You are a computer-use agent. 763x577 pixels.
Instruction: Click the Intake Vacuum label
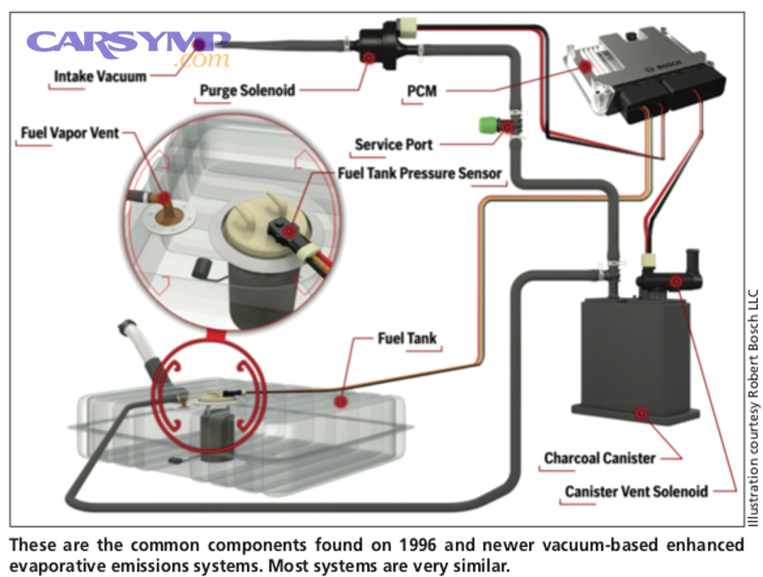click(x=100, y=76)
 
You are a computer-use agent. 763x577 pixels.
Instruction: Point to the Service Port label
click(x=393, y=144)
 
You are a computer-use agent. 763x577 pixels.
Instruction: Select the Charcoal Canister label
click(x=599, y=458)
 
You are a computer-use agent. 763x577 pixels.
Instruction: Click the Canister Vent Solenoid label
click(x=637, y=491)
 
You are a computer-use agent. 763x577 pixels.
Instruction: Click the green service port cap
click(x=487, y=127)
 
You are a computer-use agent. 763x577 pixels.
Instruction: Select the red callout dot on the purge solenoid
click(x=368, y=58)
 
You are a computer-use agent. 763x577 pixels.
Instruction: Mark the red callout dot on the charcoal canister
click(x=641, y=413)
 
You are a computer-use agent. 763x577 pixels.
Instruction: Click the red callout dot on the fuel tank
click(x=341, y=399)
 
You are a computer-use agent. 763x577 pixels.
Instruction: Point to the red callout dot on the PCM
click(x=586, y=66)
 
